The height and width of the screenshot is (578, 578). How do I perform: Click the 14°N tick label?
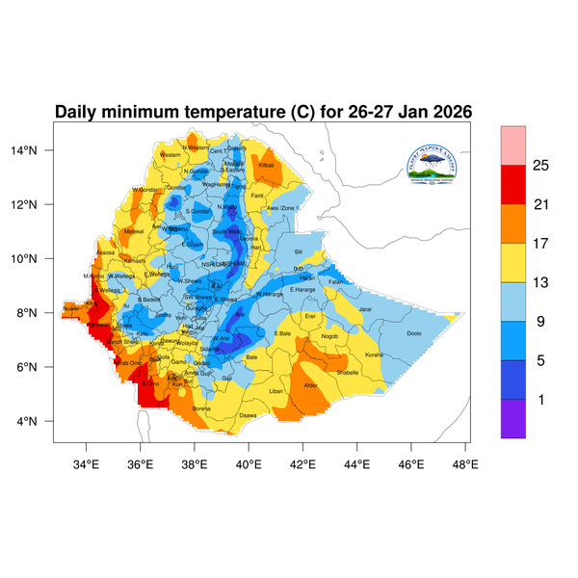tap(37, 150)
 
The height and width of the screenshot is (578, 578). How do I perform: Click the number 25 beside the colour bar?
tap(540, 166)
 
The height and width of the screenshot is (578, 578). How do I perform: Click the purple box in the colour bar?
tap(512, 419)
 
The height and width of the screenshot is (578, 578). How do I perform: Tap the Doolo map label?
tap(414, 333)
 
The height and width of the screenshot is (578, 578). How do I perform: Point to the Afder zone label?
tap(310, 385)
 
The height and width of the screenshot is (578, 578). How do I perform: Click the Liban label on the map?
tap(276, 391)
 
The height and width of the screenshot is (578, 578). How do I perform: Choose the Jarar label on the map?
tap(365, 308)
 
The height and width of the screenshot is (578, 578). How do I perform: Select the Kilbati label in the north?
tap(267, 166)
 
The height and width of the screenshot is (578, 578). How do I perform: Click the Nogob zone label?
tap(330, 336)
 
